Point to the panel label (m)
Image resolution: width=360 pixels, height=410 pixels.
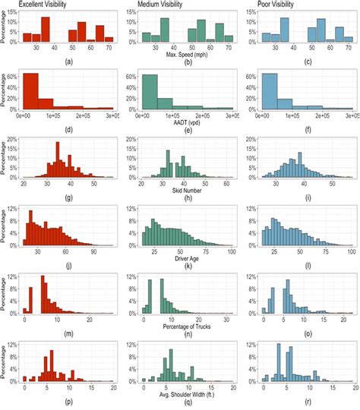pyautogui.click(x=69, y=333)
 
